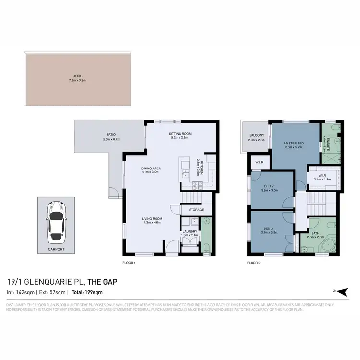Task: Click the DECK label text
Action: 77,75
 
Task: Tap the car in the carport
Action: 56,221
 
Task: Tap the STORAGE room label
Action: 196,210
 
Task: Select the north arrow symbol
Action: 341,291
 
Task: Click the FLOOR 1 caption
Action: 130,263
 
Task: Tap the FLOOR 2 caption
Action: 254,263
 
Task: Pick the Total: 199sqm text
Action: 87,292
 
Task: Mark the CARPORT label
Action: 56,250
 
